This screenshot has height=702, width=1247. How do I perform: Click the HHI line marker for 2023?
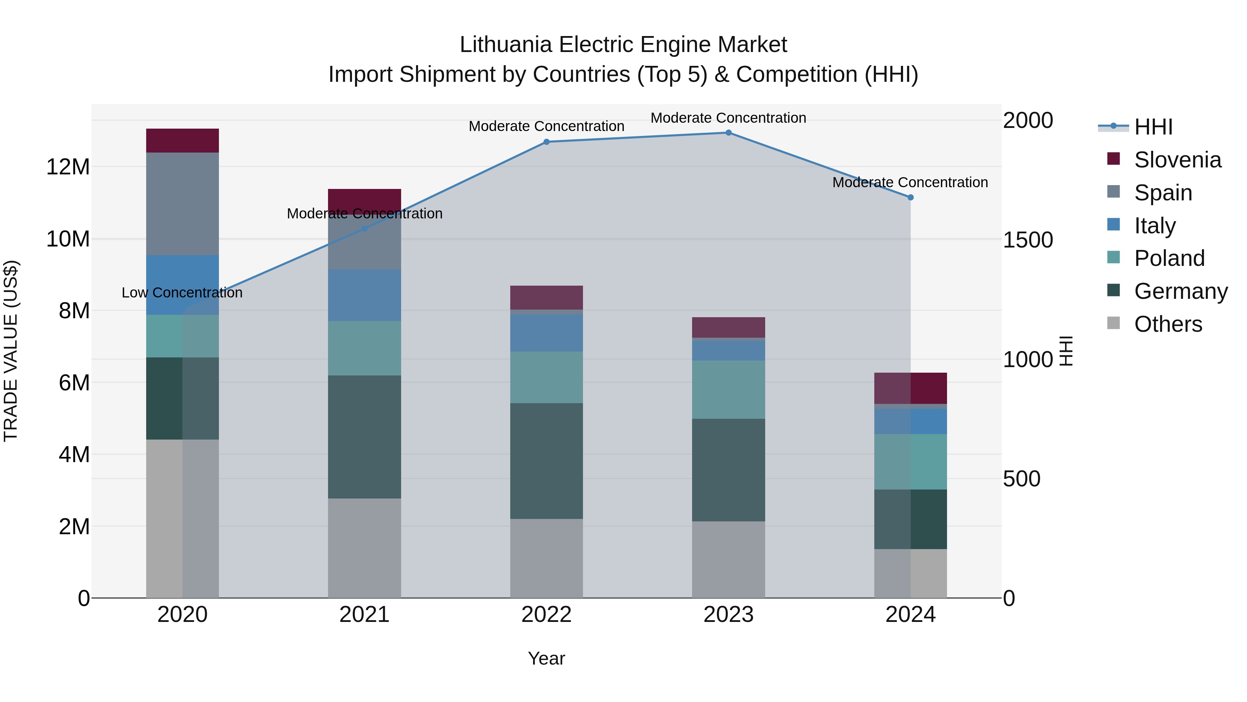click(728, 132)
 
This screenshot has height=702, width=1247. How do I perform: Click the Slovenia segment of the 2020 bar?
click(183, 140)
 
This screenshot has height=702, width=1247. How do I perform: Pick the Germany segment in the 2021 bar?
click(364, 436)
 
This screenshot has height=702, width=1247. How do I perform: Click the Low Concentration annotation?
click(182, 293)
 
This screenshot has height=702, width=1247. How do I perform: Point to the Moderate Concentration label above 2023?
click(728, 118)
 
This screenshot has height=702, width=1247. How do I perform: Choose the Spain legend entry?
click(1163, 193)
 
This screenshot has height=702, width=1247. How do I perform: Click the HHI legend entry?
click(1153, 127)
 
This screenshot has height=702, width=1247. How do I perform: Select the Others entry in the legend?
click(1168, 324)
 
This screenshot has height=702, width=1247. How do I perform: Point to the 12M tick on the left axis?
click(68, 167)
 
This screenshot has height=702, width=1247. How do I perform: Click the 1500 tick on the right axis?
click(1027, 240)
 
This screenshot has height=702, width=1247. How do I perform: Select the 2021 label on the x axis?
click(364, 614)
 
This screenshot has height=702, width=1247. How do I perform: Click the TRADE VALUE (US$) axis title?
click(11, 351)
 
